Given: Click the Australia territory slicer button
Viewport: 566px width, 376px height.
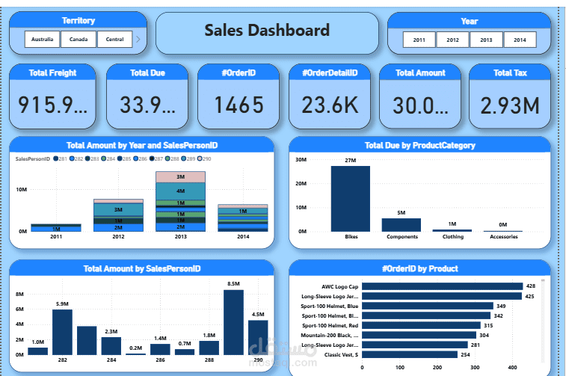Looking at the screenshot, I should coord(42,40).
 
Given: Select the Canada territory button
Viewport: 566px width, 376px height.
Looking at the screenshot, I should coord(79,40).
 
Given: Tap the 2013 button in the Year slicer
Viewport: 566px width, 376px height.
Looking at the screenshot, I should coord(486,40).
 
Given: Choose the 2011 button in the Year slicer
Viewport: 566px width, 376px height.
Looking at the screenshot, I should coord(419,40).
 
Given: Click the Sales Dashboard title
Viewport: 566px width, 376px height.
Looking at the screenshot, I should coord(267,31).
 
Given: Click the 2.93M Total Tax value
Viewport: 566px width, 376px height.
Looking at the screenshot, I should coord(510,105).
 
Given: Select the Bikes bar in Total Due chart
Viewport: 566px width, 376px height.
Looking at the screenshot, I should coord(351,198).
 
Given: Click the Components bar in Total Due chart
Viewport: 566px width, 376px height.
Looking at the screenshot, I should coord(402,224).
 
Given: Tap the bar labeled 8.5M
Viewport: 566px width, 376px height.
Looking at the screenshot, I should coord(233,321).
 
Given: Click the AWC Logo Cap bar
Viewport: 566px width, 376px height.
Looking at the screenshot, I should coord(442,286).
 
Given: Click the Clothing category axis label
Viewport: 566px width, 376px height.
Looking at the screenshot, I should coord(452,237).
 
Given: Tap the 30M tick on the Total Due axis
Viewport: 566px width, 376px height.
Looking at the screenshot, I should coord(301,159).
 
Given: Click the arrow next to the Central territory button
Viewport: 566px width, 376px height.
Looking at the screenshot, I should coord(138,40).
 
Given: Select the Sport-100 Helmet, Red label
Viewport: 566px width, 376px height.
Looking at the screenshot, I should coord(330,325).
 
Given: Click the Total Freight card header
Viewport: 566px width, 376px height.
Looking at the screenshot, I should coord(52,73).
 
